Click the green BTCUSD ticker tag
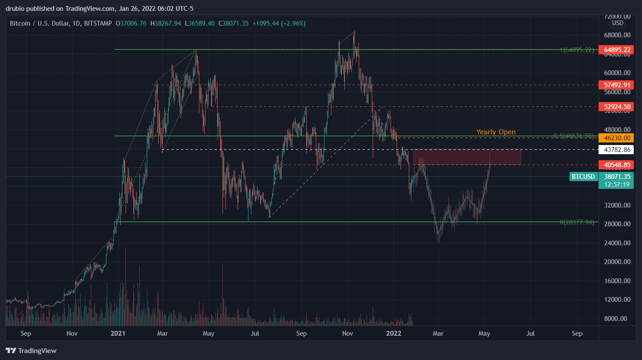click(583, 177)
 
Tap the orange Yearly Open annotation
click(496, 132)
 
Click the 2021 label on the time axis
click(118, 334)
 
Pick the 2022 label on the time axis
click(394, 334)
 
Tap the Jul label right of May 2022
click(530, 334)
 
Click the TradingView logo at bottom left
click(31, 351)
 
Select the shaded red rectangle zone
click(467, 157)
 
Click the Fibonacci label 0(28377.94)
click(576, 222)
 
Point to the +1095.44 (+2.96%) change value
click(279, 23)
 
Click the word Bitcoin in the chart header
click(20, 23)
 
